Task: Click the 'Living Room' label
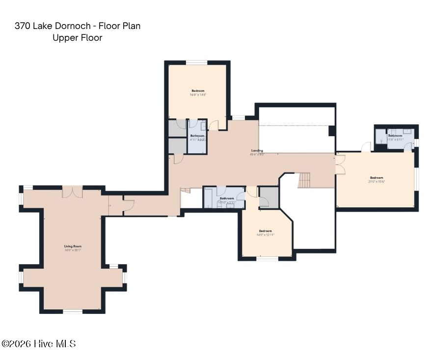click(x=72, y=246)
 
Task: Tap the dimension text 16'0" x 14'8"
click(x=198, y=95)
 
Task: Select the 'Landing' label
click(x=257, y=151)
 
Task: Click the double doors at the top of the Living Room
click(x=72, y=192)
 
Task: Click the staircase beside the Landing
click(x=305, y=180)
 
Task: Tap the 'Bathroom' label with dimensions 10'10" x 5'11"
click(x=227, y=198)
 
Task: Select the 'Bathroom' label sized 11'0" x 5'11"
click(x=395, y=136)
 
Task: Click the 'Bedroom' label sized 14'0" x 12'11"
click(x=265, y=231)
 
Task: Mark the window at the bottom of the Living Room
click(x=73, y=311)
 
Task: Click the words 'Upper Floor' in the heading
click(x=77, y=38)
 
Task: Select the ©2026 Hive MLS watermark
click(x=38, y=344)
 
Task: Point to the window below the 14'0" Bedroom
click(x=268, y=258)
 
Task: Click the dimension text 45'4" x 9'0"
click(x=257, y=155)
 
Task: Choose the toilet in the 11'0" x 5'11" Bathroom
click(x=381, y=140)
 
